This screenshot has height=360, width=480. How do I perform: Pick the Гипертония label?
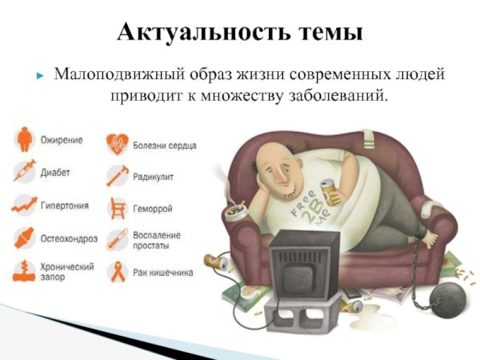tap(64, 206)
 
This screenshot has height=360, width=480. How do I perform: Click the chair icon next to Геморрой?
tap(118, 207)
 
